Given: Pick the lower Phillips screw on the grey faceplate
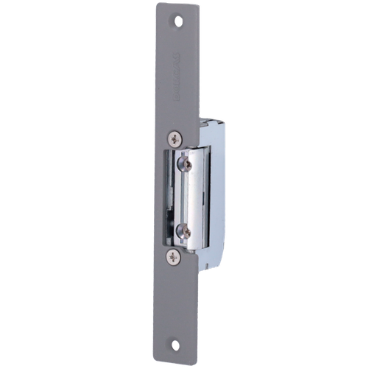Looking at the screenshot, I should coord(174,256).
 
